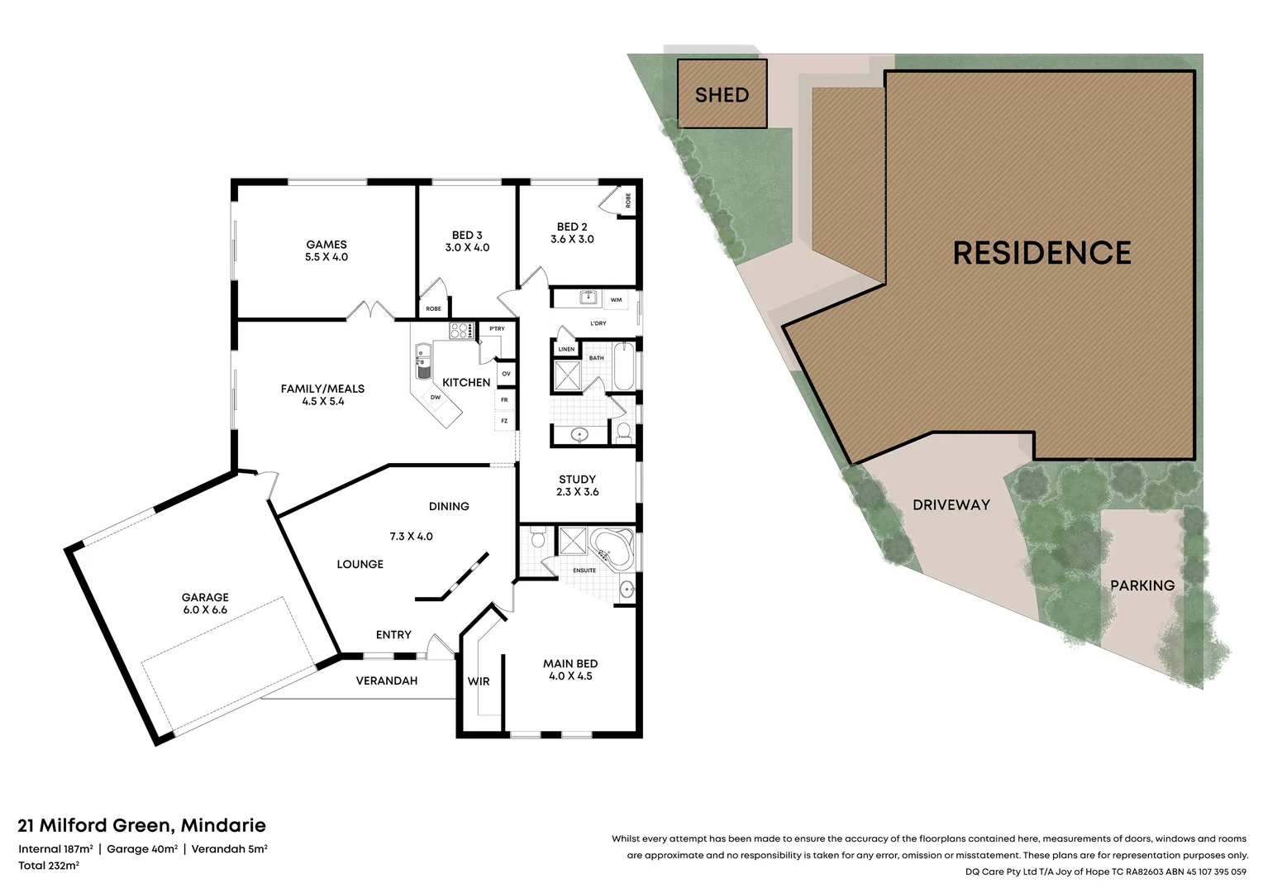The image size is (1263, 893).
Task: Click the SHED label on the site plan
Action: click(722, 95)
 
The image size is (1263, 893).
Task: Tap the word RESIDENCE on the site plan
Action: click(1042, 253)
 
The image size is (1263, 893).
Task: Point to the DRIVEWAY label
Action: click(951, 505)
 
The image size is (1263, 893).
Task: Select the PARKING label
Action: click(1142, 585)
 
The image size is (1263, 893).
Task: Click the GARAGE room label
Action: click(205, 597)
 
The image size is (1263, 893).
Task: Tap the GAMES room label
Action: click(326, 244)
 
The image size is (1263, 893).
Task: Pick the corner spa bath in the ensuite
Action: click(612, 547)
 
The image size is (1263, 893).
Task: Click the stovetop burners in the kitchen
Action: click(461, 330)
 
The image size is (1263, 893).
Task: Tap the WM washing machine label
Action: click(617, 300)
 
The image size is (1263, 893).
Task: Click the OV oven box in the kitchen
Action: click(507, 374)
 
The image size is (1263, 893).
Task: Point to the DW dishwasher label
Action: click(436, 397)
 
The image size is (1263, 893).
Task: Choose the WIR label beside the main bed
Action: click(479, 681)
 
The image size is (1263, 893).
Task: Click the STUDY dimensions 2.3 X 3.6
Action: click(578, 492)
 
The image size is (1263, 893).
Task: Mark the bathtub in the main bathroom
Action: click(624, 365)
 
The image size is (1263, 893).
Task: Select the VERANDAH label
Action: click(387, 680)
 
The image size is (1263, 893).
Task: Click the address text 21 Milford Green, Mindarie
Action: click(141, 825)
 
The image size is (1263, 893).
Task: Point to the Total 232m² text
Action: click(49, 866)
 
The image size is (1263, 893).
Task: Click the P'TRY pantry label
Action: click(497, 328)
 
